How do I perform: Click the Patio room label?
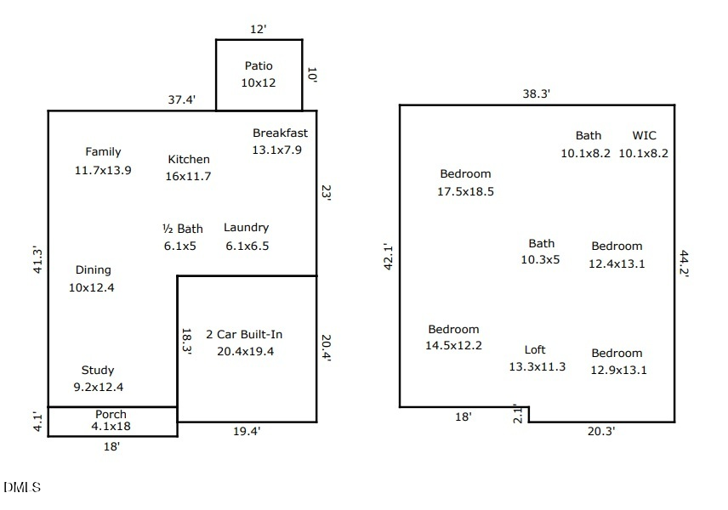(x=259, y=66)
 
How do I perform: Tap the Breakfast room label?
(x=280, y=133)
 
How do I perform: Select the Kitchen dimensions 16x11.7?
(x=188, y=176)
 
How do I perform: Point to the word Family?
(x=103, y=152)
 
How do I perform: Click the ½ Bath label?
(x=183, y=229)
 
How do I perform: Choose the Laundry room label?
(x=246, y=228)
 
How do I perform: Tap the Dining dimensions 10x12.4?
(x=92, y=287)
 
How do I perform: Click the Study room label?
(x=98, y=371)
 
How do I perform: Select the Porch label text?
(x=111, y=414)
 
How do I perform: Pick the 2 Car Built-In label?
(x=244, y=335)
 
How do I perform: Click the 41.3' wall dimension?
(x=37, y=261)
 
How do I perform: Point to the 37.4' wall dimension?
(x=181, y=99)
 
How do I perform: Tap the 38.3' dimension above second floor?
(x=537, y=93)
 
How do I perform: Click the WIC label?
(x=645, y=135)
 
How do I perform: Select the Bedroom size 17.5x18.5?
(x=466, y=191)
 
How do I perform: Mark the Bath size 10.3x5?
(x=540, y=260)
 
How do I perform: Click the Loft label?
(x=535, y=350)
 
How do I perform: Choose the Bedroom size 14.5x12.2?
(x=453, y=346)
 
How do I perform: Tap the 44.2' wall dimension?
(x=684, y=263)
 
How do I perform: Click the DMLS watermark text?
(x=22, y=487)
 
